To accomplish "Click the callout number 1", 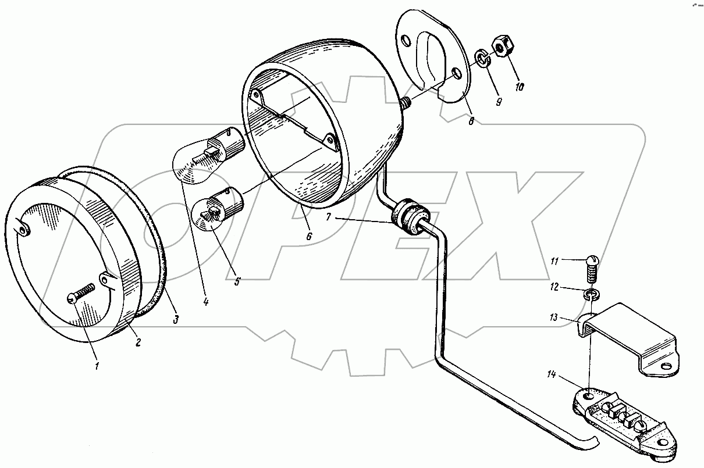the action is (97, 366).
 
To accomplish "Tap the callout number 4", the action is (205, 302).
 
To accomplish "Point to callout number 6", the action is (309, 236).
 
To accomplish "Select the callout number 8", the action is (471, 121).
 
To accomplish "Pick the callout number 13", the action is (553, 317).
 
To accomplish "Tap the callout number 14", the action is (551, 374).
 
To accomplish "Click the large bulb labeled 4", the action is (208, 155).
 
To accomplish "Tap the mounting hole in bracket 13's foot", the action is (666, 366).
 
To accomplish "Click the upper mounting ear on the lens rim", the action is (23, 227).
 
